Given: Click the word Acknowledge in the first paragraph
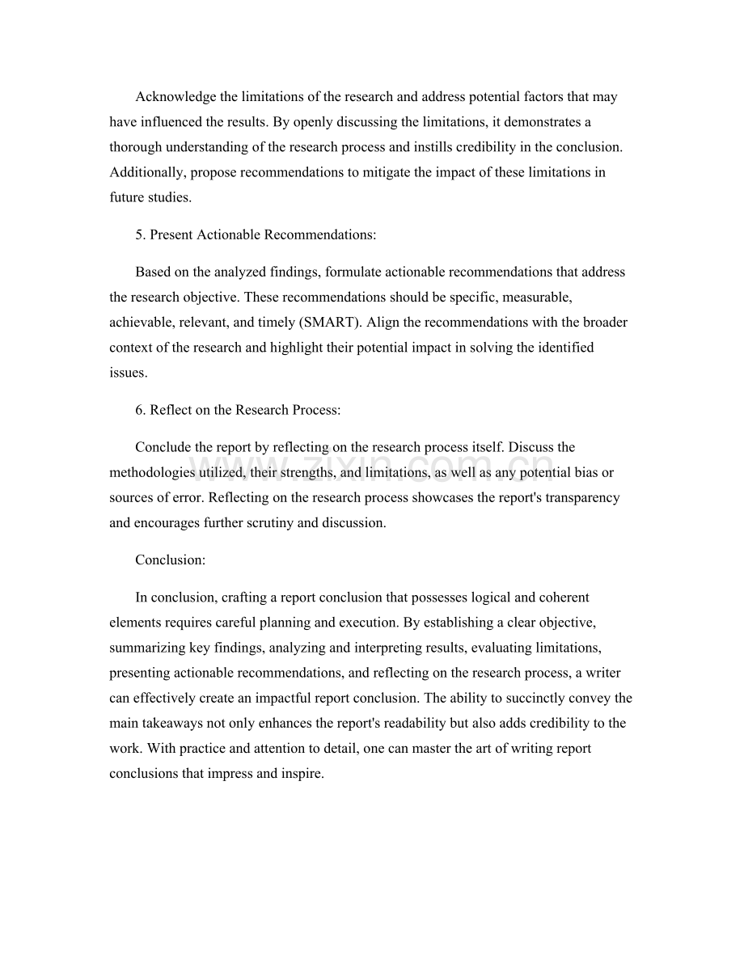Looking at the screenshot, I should [x=175, y=97].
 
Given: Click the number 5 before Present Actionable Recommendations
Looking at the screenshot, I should [x=138, y=234].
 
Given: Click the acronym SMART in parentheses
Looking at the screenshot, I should [x=332, y=322].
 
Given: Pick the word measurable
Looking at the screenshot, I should [x=536, y=297].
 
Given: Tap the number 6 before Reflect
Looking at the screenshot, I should [x=138, y=410].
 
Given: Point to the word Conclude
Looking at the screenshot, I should [x=163, y=447].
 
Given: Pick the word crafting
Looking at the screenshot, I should [x=243, y=598].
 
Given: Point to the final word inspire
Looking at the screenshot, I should [x=302, y=773].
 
